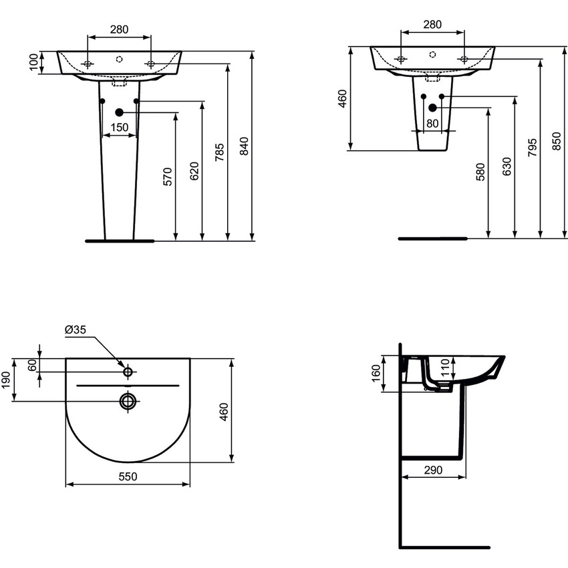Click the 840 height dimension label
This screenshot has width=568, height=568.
(x=244, y=146)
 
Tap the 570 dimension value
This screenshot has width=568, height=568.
(x=168, y=176)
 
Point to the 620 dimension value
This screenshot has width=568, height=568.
(x=194, y=172)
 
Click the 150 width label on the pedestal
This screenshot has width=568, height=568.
(x=120, y=127)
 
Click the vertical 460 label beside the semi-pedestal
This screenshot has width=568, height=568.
(x=343, y=99)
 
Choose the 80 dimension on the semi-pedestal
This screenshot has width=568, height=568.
(x=432, y=123)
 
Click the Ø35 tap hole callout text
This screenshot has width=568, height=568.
(x=76, y=329)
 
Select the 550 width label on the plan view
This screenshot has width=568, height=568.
(x=128, y=476)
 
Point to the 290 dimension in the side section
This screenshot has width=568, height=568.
(x=434, y=470)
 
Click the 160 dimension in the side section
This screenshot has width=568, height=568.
(x=376, y=374)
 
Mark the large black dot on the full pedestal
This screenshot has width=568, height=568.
(x=120, y=112)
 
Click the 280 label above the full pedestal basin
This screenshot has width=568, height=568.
(x=119, y=29)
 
